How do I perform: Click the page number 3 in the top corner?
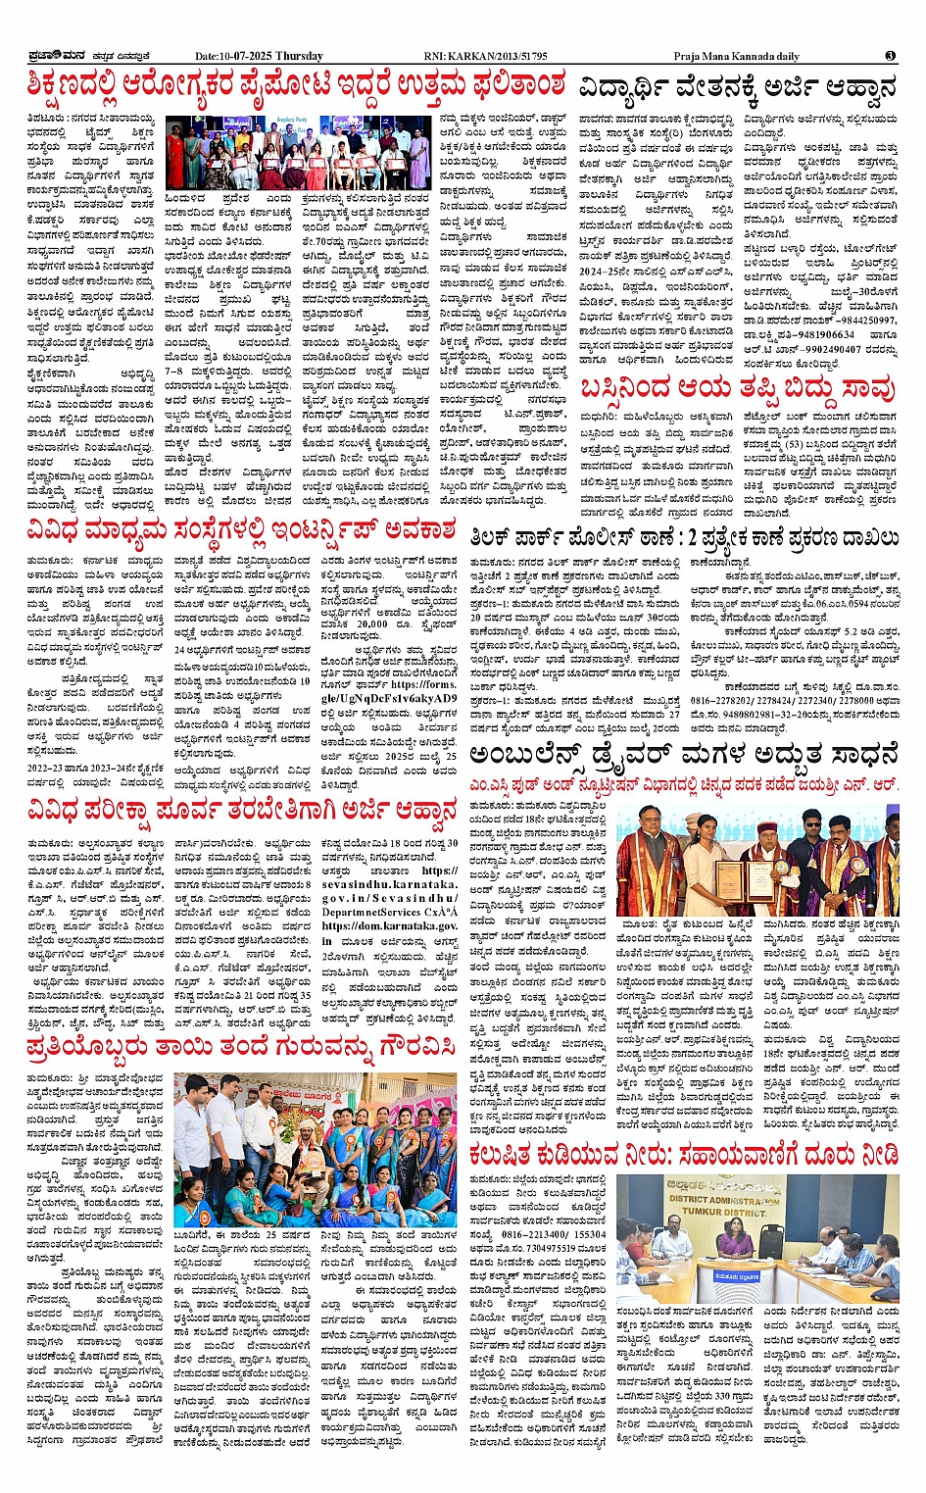click(x=889, y=56)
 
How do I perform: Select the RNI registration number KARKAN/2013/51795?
click(x=500, y=57)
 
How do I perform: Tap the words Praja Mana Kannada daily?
click(x=736, y=57)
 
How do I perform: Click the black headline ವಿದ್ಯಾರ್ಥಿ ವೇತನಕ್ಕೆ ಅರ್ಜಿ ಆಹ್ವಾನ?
click(x=737, y=88)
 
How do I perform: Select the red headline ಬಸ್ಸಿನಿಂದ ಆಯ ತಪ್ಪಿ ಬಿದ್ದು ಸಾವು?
click(x=737, y=390)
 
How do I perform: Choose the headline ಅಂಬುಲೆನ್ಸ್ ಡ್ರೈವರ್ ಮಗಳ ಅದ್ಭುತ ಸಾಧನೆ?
click(x=683, y=755)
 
